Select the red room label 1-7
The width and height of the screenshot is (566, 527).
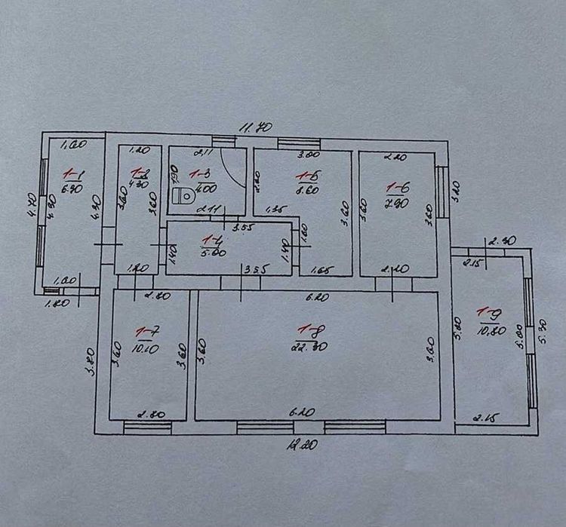point(145,331)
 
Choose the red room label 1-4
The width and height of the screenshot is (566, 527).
point(211,241)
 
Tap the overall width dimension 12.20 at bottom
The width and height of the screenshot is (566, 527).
point(301,445)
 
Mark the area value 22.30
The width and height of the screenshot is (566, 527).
point(308,345)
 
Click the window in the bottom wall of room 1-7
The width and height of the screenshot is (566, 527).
point(147,427)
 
